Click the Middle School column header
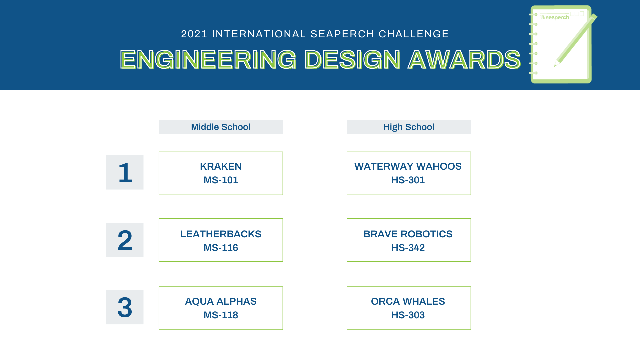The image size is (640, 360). tap(221, 127)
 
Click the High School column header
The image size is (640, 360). tap(409, 127)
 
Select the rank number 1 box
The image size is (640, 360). tap(125, 172)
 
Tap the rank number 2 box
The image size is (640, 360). tap(125, 240)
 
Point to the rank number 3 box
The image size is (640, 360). tap(125, 307)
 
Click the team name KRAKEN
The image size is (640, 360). tap(221, 166)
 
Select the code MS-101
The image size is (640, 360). tap(221, 180)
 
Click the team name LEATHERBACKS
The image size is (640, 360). tap(221, 234)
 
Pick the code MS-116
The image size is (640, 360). tap(221, 248)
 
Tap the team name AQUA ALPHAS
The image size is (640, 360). tap(221, 301)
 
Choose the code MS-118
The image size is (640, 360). tap(221, 315)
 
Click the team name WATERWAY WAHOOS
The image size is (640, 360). tap(408, 166)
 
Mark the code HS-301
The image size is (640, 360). tap(408, 180)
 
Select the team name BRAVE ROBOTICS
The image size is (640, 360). tap(408, 234)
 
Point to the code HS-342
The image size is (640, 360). tap(408, 248)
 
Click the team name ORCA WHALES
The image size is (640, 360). tap(408, 301)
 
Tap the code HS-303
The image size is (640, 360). tap(408, 315)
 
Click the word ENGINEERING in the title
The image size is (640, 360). tap(208, 60)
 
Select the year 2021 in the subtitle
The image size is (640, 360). tap(194, 34)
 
